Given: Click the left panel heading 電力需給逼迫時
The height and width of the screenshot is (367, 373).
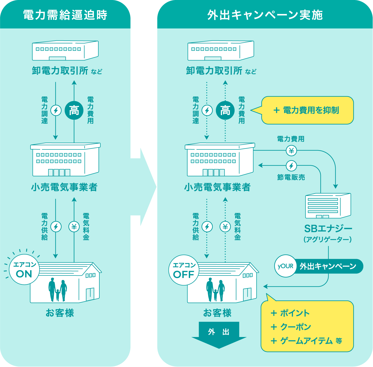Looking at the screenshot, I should (x=65, y=15).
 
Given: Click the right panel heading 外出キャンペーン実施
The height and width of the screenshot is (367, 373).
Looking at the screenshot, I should (x=265, y=15).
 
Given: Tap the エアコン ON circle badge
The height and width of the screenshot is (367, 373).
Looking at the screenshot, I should (x=24, y=270).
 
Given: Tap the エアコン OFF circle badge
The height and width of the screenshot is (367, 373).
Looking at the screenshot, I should (x=184, y=270).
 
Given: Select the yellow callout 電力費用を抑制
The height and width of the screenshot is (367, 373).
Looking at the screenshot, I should (x=307, y=110).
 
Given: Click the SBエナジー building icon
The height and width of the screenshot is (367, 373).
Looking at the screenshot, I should (x=328, y=206).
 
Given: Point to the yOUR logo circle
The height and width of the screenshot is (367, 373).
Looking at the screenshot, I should (x=285, y=266).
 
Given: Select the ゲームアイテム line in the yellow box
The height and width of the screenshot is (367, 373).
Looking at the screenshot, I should (x=306, y=341).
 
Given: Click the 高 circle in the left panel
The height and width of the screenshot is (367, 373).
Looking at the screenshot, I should (x=74, y=110).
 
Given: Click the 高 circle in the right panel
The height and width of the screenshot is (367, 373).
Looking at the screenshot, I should (x=225, y=110).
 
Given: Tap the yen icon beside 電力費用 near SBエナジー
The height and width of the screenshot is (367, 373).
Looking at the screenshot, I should (x=291, y=150).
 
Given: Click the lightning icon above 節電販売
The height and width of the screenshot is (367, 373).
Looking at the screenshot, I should (x=291, y=166).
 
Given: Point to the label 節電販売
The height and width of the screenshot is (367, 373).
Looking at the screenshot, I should (x=291, y=177).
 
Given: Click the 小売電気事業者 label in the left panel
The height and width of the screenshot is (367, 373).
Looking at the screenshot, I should (x=65, y=187).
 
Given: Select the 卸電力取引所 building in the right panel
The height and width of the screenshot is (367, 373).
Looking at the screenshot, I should (x=221, y=51).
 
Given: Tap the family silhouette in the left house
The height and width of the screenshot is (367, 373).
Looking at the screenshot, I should (x=58, y=290).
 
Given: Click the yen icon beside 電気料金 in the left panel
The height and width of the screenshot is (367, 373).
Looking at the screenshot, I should (x=74, y=226).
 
